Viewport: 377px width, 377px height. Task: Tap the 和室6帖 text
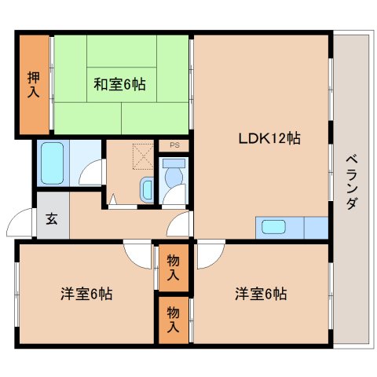click(119, 82)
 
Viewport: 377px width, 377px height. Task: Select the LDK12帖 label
click(269, 138)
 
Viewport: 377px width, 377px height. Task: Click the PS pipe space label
click(174, 146)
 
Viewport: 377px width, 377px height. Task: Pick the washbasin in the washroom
click(147, 188)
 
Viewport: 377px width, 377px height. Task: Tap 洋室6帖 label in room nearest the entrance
click(86, 295)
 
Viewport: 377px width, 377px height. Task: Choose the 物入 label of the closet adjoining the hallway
click(173, 268)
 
